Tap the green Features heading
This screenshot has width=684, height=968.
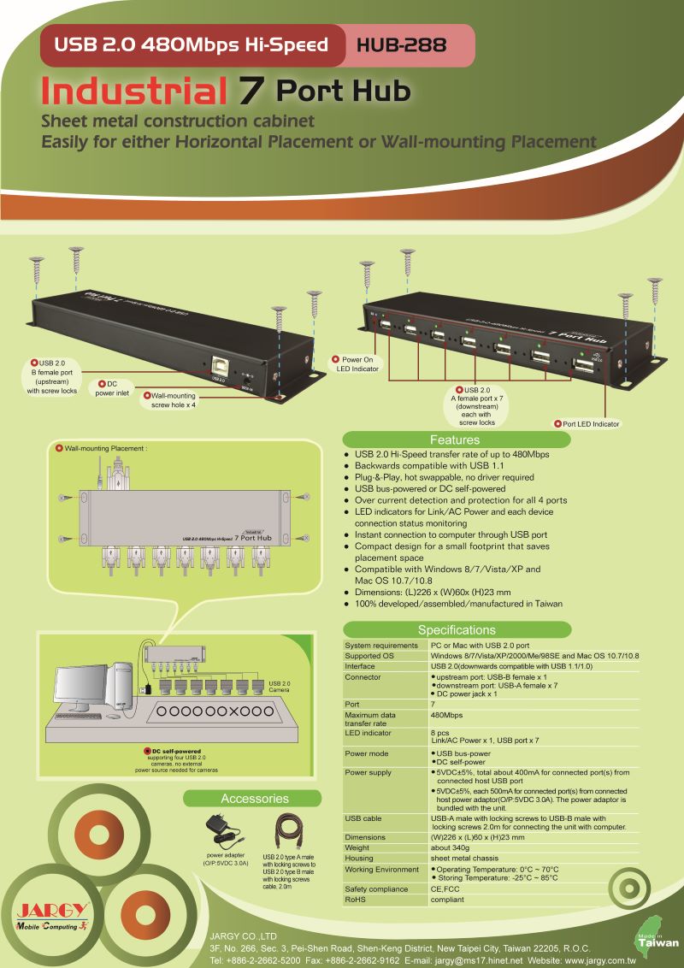(x=454, y=440)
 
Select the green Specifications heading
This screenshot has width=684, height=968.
(x=456, y=630)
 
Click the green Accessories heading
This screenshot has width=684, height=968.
(x=255, y=799)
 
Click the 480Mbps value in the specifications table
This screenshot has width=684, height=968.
(x=447, y=715)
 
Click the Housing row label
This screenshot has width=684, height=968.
(x=359, y=858)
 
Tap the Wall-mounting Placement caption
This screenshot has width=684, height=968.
(x=106, y=448)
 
